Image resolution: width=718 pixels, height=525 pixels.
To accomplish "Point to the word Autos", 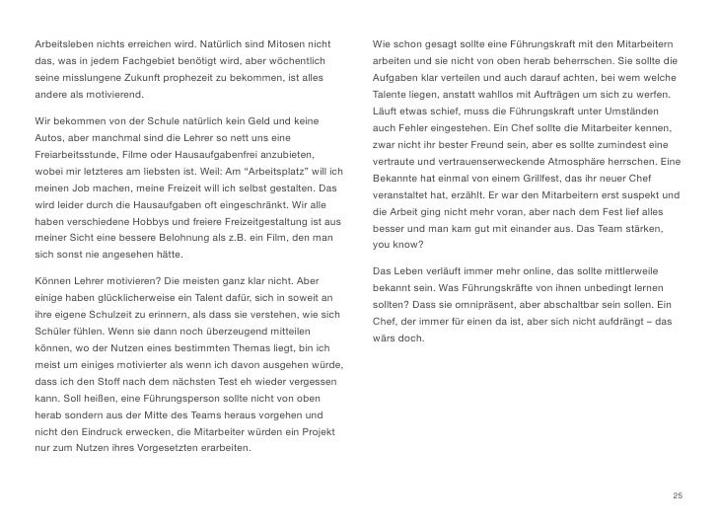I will pos(48,141).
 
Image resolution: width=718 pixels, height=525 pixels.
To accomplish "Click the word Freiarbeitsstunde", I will pos(75,157).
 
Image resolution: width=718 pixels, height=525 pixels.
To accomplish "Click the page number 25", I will pos(677,493).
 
